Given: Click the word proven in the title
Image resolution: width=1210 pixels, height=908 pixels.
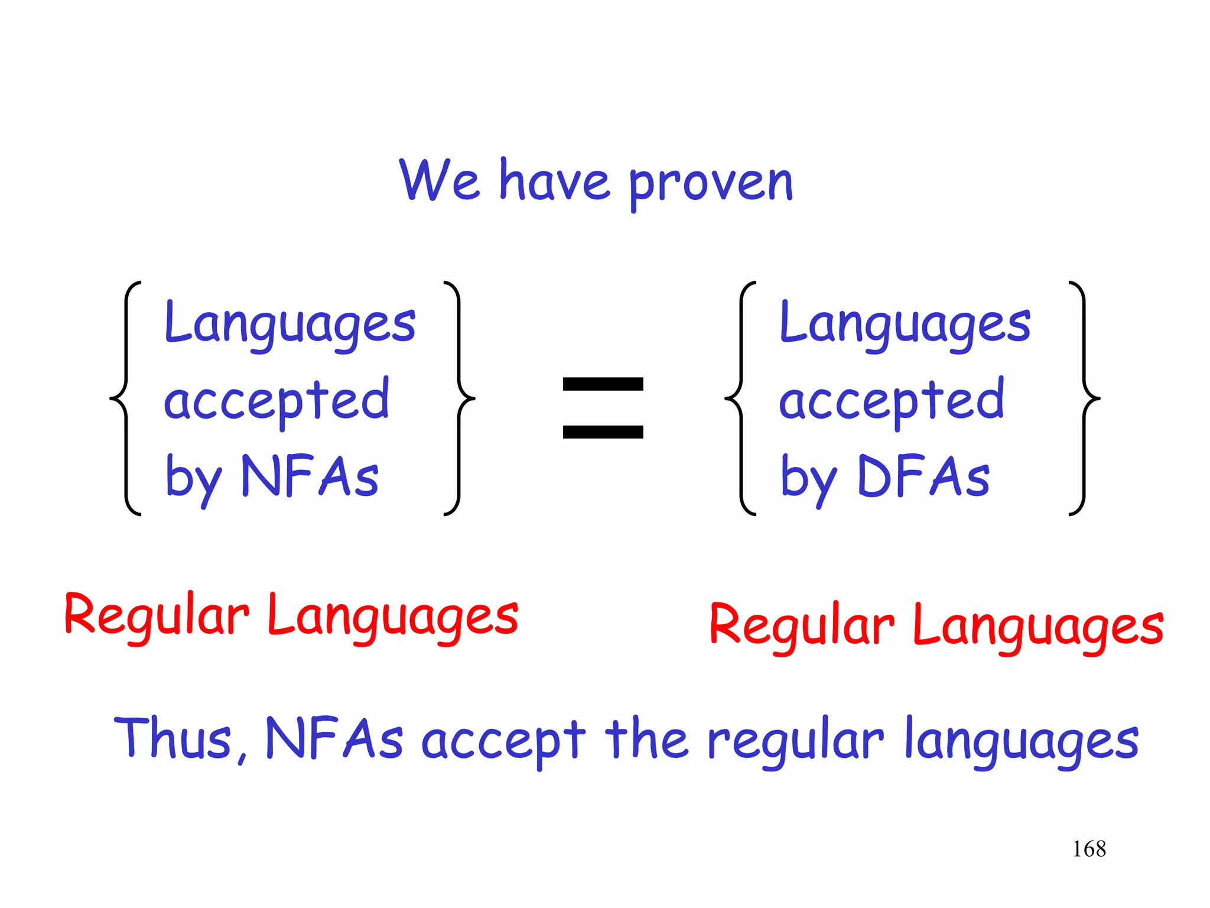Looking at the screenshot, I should (x=711, y=183).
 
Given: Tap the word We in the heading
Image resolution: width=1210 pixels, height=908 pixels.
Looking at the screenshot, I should (x=439, y=180).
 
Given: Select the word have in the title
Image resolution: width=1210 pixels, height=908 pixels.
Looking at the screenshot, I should (x=554, y=180).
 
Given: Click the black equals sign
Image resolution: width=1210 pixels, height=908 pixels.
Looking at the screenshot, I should (x=603, y=408).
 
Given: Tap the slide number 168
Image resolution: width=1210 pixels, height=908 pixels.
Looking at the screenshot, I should (x=1089, y=849).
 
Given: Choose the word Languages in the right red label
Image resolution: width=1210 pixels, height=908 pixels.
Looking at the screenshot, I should (x=1038, y=627).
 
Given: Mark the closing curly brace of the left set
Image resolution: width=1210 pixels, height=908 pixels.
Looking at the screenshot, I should (x=460, y=399).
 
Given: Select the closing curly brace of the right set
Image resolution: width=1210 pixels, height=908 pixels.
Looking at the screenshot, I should (x=1085, y=399).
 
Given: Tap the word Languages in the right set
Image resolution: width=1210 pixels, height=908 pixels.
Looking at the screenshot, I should (x=905, y=324).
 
